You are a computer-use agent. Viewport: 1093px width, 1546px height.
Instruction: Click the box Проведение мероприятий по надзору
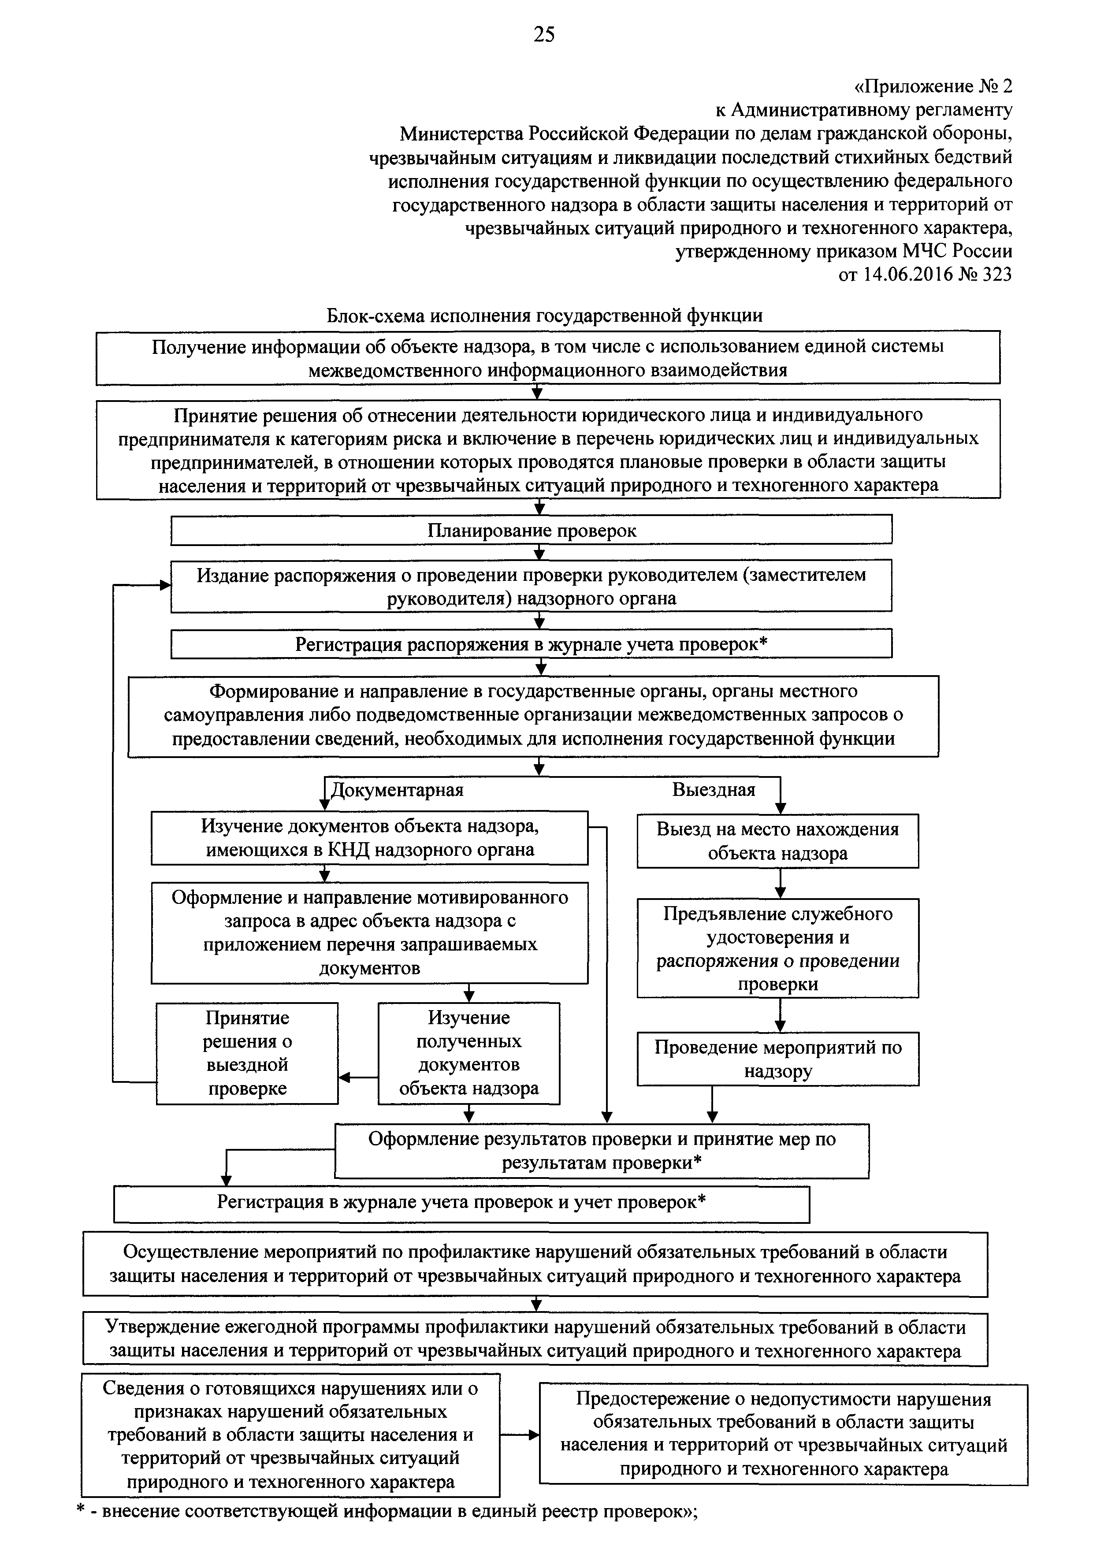pos(778,1059)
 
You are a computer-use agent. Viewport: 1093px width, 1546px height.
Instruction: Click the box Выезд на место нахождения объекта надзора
pos(778,841)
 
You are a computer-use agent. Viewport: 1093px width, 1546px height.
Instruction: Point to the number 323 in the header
pos(996,275)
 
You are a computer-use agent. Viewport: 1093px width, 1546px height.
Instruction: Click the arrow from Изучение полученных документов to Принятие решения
pos(358,1078)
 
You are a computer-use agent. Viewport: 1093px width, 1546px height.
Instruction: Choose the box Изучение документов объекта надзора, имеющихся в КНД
pos(369,838)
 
